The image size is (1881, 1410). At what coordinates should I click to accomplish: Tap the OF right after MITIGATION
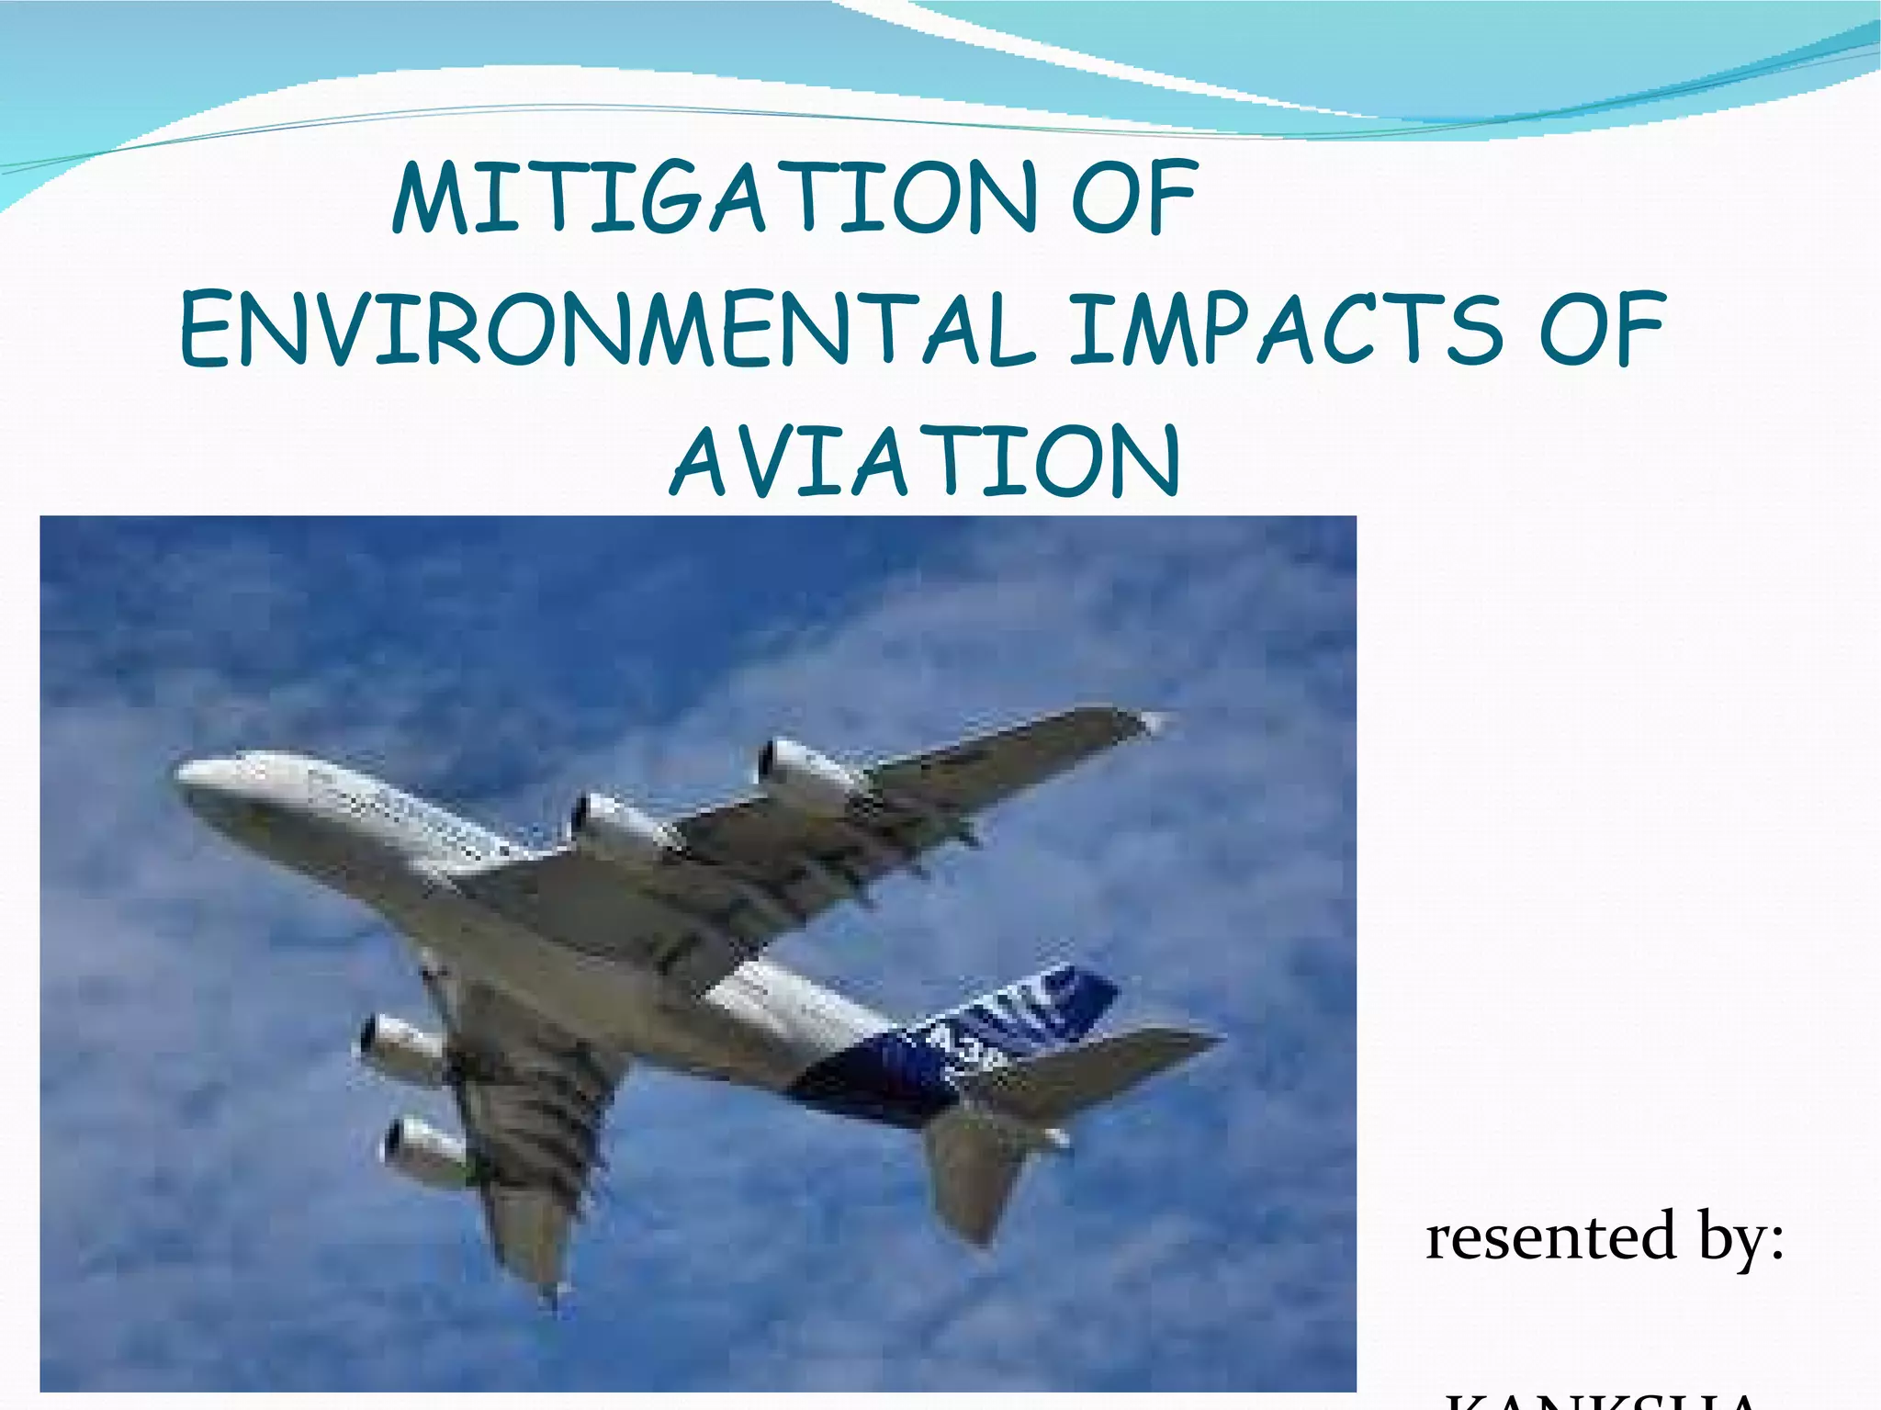click(1135, 197)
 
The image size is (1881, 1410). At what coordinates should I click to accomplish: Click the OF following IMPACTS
click(1603, 329)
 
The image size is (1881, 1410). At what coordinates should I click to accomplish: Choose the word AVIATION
click(926, 461)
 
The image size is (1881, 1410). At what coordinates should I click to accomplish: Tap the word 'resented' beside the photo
click(1551, 1237)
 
